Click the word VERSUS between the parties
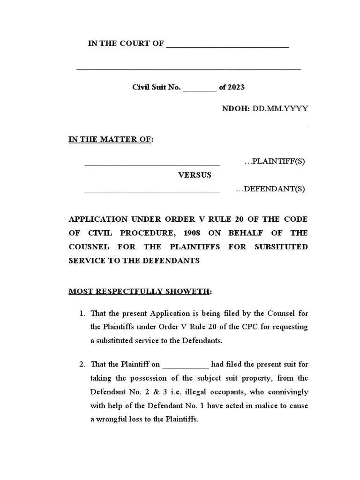(194, 175)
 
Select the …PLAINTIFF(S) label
(275, 162)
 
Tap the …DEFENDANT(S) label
(270, 189)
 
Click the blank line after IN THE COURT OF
(227, 46)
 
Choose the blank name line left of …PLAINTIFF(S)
(152, 164)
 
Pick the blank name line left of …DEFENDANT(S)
(152, 192)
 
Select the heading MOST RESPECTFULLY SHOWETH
(139, 292)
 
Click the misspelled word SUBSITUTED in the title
(281, 247)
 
